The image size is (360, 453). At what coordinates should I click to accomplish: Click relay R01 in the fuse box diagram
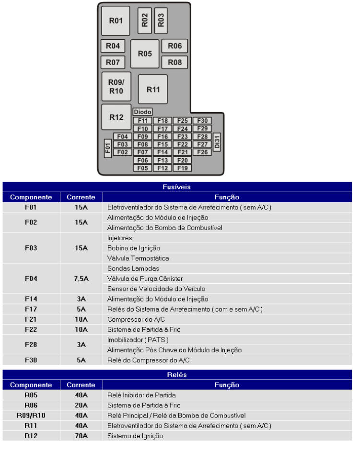coord(116,21)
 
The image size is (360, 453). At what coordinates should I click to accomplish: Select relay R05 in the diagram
coord(145,54)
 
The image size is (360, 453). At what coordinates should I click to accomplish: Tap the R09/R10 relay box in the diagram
coord(116,86)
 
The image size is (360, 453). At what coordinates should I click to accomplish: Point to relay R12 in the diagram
coord(116,117)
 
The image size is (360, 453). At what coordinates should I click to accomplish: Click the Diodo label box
coord(143,112)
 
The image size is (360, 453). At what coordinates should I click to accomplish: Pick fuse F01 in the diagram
coord(108,148)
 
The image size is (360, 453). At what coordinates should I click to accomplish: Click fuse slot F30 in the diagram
coord(202,121)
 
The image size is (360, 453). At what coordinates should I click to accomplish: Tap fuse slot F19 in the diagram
coord(182,168)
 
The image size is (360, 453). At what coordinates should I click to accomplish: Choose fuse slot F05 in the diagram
coord(142,168)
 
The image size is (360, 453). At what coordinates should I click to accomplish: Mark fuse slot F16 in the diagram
coord(163,137)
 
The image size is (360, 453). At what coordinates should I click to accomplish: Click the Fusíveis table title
coord(177,187)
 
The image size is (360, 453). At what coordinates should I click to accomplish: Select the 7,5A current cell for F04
coord(81,278)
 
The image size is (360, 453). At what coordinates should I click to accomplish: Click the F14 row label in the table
coord(31,298)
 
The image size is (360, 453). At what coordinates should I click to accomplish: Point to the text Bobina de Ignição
coord(134,248)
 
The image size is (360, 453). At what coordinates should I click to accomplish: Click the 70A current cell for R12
coord(81,436)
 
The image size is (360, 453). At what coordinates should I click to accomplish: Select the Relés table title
coord(177,374)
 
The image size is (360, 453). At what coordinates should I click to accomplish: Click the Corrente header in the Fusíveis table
coord(81,197)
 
